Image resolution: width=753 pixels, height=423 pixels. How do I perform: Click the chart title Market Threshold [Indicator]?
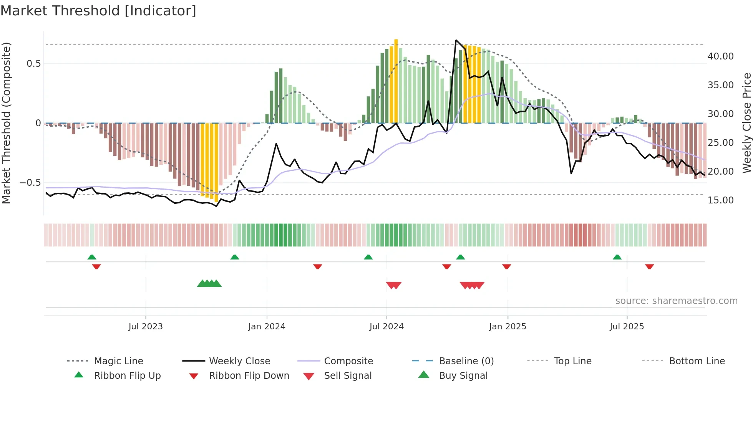tap(98, 11)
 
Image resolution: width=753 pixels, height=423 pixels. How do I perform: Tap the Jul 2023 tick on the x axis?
tap(146, 326)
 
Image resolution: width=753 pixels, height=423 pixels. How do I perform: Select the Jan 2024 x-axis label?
tap(267, 326)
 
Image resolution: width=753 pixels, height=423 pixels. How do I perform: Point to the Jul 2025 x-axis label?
tap(627, 326)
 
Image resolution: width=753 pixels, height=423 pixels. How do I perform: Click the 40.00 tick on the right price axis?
tap(720, 56)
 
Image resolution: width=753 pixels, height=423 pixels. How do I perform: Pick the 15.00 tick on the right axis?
tap(720, 200)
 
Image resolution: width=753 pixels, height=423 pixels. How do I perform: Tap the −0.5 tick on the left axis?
tap(30, 183)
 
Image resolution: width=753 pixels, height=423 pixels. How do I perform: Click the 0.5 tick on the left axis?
tap(33, 64)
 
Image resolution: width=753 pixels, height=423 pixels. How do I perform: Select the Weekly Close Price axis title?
tap(746, 123)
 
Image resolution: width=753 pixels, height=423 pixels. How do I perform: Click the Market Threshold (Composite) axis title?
tap(6, 123)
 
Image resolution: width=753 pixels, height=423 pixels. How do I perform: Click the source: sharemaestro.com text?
tap(676, 301)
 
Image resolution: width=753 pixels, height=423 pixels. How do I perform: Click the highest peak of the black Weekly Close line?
tap(456, 40)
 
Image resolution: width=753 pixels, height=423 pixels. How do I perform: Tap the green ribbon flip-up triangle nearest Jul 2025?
tap(617, 257)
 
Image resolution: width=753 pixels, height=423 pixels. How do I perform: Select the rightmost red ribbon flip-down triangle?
tap(649, 267)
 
